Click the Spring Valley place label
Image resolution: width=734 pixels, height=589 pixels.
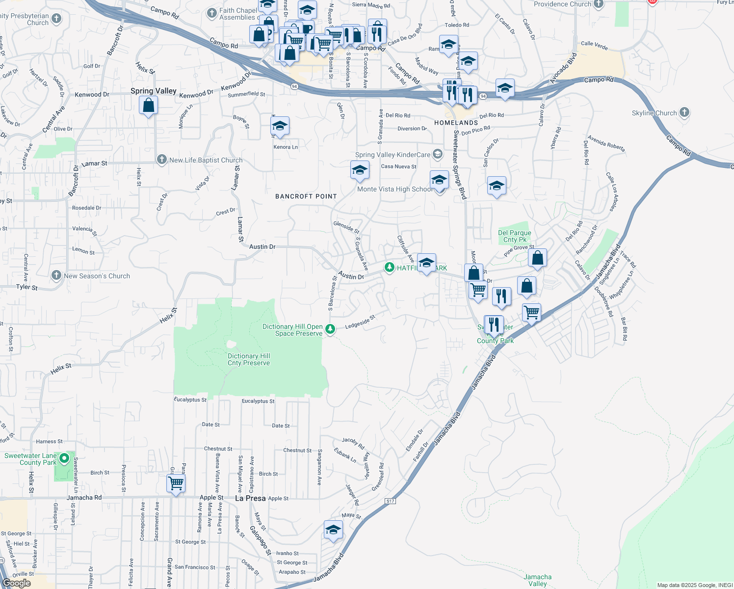[x=153, y=91]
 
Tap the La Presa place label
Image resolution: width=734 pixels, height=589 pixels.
[x=250, y=498]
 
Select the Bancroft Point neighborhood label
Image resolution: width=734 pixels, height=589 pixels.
[x=306, y=196]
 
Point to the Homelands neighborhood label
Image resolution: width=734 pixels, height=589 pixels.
[x=456, y=123]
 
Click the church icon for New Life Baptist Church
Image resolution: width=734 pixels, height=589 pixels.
[x=161, y=160]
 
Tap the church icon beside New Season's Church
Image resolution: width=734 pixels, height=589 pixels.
[x=56, y=275]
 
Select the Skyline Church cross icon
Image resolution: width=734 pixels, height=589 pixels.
[x=684, y=113]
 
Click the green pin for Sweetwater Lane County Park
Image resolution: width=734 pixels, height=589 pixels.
[x=64, y=459]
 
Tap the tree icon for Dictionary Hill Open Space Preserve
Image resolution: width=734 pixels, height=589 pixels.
[x=331, y=329]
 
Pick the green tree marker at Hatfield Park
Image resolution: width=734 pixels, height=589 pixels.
[x=389, y=268]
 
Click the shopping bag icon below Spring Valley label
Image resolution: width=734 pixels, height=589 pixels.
[x=148, y=106]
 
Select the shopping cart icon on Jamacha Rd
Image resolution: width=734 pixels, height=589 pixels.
[x=176, y=483]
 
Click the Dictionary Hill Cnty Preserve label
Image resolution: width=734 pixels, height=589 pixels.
[x=249, y=359]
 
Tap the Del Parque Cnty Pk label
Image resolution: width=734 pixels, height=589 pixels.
[x=514, y=236]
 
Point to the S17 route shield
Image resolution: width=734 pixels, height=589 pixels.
[x=390, y=501]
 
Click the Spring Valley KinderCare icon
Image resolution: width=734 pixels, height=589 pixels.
[x=437, y=155]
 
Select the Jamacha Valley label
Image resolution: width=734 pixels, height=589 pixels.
[x=537, y=580]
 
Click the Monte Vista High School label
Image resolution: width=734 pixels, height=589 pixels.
[x=395, y=189]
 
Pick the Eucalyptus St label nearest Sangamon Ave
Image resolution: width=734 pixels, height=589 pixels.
[x=258, y=401]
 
